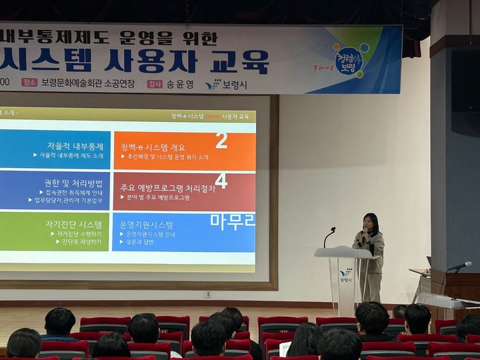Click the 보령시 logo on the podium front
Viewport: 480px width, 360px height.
click(345, 275)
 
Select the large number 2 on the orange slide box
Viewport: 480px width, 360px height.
click(221, 140)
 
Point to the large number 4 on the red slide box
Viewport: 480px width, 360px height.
click(221, 181)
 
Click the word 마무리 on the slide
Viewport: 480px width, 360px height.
click(232, 221)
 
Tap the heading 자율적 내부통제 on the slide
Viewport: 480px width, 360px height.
click(75, 146)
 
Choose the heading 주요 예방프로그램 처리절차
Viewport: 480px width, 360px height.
click(167, 188)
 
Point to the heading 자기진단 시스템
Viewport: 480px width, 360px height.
click(73, 224)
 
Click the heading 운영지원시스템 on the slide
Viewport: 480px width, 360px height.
click(146, 225)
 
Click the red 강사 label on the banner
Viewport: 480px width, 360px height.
click(155, 84)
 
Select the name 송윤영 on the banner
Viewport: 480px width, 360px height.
click(180, 84)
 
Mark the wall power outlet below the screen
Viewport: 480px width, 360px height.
click(208, 294)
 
